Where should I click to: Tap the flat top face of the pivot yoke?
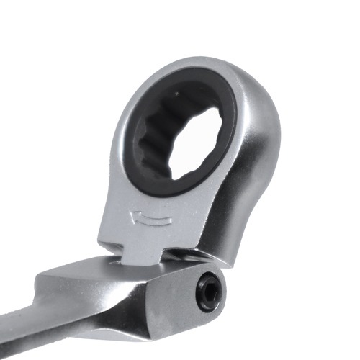[x=79, y=268]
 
